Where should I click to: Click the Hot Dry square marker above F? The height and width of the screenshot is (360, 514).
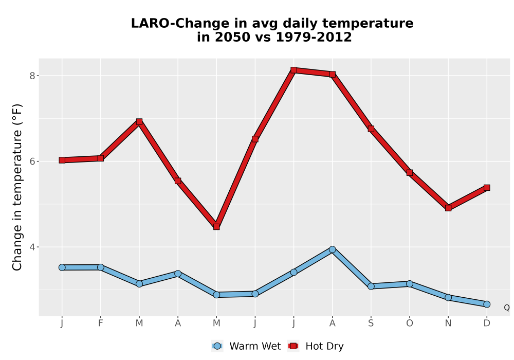click(x=101, y=158)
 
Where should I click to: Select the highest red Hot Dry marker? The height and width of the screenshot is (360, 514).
click(x=293, y=70)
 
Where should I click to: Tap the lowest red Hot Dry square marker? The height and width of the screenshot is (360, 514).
click(x=216, y=227)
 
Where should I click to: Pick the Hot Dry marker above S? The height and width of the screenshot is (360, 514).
click(x=371, y=129)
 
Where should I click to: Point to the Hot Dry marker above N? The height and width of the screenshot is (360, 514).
click(x=448, y=208)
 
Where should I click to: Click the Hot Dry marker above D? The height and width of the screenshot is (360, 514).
click(x=487, y=188)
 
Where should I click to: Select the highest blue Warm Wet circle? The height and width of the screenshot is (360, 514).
click(x=333, y=249)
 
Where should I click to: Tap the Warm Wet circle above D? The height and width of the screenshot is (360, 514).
click(x=487, y=304)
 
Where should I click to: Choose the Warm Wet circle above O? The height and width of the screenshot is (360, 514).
click(x=410, y=283)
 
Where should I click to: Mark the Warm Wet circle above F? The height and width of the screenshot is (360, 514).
click(x=101, y=267)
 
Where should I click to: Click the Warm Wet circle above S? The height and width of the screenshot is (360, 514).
click(x=371, y=286)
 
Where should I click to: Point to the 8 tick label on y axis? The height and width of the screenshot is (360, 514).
click(x=32, y=76)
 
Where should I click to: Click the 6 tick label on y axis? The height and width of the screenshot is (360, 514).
click(x=32, y=161)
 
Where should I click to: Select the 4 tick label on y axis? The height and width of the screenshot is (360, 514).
click(x=32, y=247)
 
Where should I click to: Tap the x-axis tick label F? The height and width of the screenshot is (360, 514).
click(x=101, y=323)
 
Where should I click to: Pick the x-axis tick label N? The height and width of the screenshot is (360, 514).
click(x=448, y=323)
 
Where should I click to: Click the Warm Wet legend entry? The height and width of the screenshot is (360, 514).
click(x=246, y=346)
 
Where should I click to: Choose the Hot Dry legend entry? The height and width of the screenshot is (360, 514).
click(x=316, y=346)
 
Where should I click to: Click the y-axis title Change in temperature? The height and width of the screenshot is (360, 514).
click(x=17, y=187)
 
